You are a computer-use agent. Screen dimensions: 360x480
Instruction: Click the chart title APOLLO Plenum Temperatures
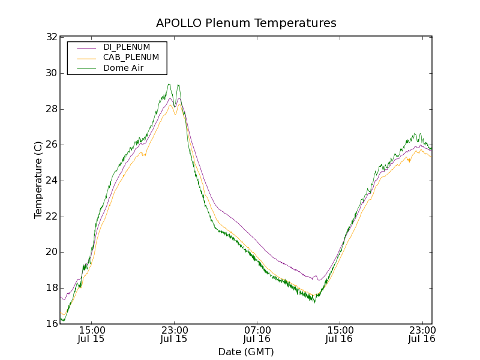pyautogui.click(x=246, y=23)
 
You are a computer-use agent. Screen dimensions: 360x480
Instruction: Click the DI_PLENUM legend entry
pyautogui.click(x=127, y=47)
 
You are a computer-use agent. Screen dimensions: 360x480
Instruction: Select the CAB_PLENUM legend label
pyautogui.click(x=131, y=58)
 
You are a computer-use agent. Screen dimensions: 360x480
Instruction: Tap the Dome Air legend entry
pyautogui.click(x=123, y=68)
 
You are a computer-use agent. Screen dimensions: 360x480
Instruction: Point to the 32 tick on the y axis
pyautogui.click(x=51, y=37)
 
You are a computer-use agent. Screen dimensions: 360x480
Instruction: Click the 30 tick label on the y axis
pyautogui.click(x=51, y=73)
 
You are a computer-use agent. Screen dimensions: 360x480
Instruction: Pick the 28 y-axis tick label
pyautogui.click(x=51, y=109)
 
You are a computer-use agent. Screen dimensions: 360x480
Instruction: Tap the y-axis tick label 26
pyautogui.click(x=51, y=145)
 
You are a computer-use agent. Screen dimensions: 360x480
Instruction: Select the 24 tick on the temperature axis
pyautogui.click(x=51, y=181)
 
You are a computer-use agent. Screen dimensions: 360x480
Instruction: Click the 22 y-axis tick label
pyautogui.click(x=51, y=217)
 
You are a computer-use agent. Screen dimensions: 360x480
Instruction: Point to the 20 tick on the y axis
pyautogui.click(x=51, y=252)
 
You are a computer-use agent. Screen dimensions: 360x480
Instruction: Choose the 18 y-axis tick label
pyautogui.click(x=51, y=288)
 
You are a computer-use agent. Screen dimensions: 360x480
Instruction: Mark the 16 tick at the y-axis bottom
pyautogui.click(x=51, y=324)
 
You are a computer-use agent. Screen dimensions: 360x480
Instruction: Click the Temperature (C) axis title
pyautogui.click(x=38, y=180)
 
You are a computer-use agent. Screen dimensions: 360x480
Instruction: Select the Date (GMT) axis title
pyautogui.click(x=246, y=352)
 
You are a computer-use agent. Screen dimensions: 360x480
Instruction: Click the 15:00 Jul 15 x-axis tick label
pyautogui.click(x=92, y=334)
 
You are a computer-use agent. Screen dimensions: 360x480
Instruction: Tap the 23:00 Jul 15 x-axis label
pyautogui.click(x=175, y=334)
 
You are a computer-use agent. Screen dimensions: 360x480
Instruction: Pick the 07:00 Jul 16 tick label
pyautogui.click(x=257, y=334)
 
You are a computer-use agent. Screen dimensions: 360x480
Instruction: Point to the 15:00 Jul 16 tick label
pyautogui.click(x=340, y=334)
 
